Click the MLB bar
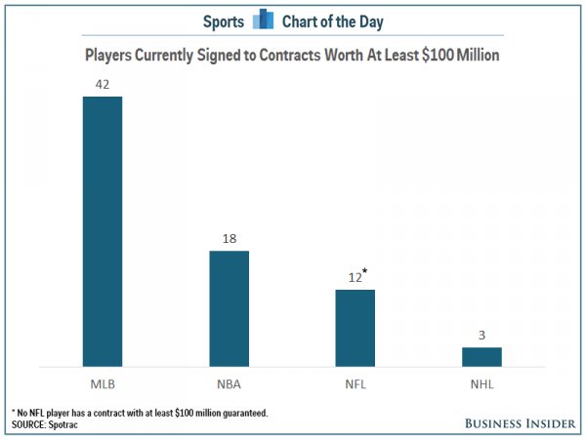103,231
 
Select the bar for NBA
230,308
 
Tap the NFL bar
356,328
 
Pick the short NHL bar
482,356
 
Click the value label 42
102,84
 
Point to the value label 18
230,238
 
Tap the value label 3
482,335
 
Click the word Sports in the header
225,20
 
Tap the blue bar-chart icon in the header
263,20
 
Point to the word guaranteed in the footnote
242,414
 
